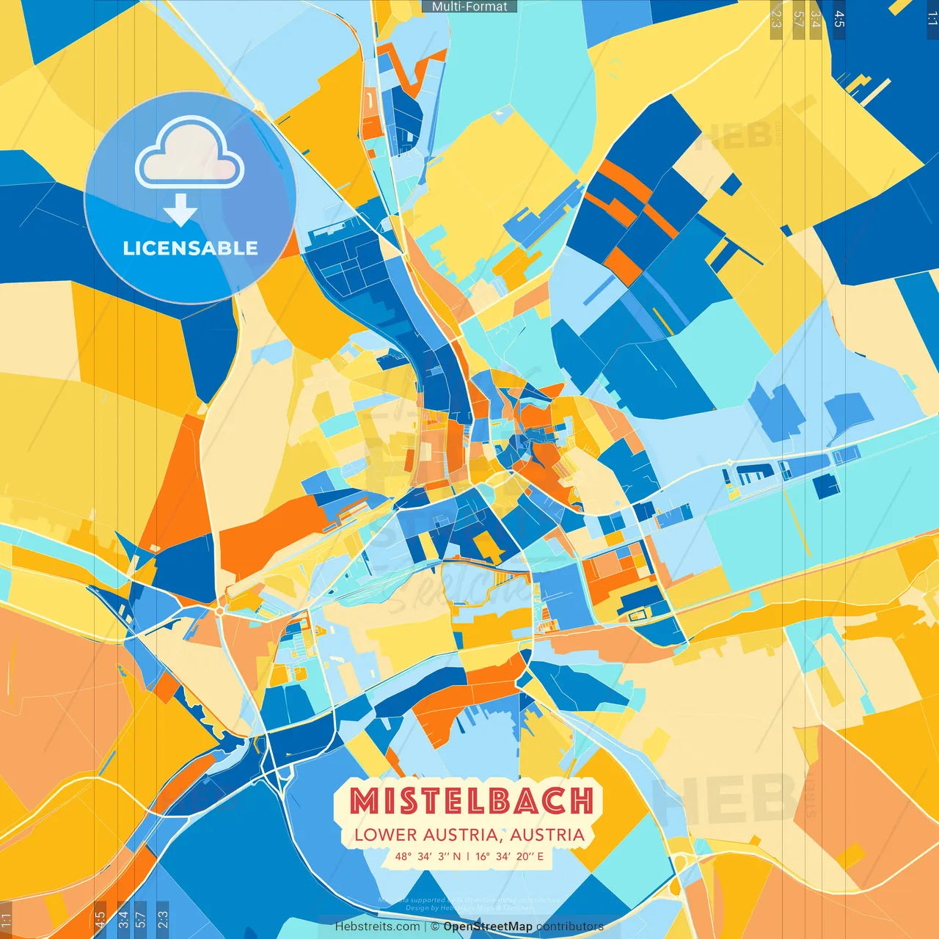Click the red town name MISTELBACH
[x=471, y=800]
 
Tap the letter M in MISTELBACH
[x=362, y=800]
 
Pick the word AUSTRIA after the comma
[x=547, y=835]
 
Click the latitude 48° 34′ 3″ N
[x=428, y=856]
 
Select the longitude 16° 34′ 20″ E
[x=510, y=856]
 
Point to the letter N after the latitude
[x=457, y=856]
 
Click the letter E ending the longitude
[x=541, y=856]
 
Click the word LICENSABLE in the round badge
[x=190, y=248]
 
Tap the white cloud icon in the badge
[x=189, y=154]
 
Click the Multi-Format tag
[x=469, y=6]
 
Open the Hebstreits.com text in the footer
[x=377, y=927]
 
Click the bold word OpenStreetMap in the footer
[x=488, y=927]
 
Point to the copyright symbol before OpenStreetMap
[x=435, y=927]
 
